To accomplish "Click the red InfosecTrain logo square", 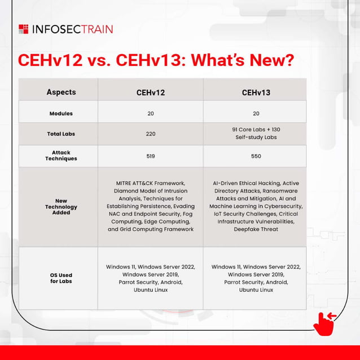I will tap(23, 29).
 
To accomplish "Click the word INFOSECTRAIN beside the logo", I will tap(73, 29).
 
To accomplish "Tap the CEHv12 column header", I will tap(151, 93).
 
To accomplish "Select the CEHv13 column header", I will tap(256, 93).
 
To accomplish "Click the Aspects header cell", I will tap(61, 92).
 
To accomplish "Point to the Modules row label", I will tap(61, 113).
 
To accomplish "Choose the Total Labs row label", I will tap(61, 134).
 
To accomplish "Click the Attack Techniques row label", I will tap(61, 156).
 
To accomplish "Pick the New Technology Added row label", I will tap(61, 207).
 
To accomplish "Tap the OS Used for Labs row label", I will tap(61, 278).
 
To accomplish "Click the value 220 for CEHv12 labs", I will tap(151, 134).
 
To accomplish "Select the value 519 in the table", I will tap(151, 156).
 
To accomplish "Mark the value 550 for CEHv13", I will tap(256, 156).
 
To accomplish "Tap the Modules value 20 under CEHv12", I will tap(151, 113).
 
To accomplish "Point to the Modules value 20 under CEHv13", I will tap(256, 113).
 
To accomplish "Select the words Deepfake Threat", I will tap(256, 230).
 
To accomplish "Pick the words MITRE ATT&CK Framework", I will tap(151, 183).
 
